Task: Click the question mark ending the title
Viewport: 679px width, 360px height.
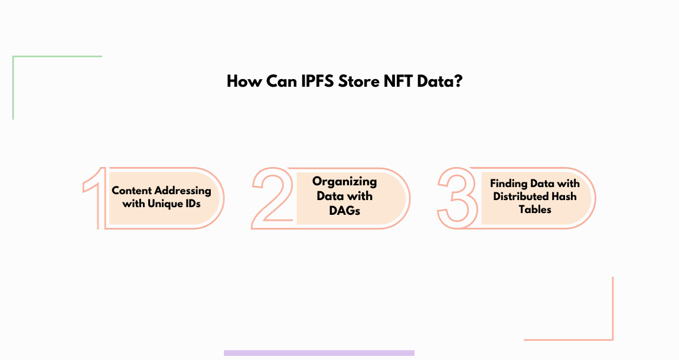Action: pyautogui.click(x=459, y=81)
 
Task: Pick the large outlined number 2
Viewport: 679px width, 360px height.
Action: pyautogui.click(x=272, y=198)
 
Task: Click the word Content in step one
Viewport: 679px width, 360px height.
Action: pyautogui.click(x=132, y=191)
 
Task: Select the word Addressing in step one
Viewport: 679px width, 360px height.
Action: pyautogui.click(x=183, y=191)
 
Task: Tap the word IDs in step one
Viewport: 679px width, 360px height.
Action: pyautogui.click(x=191, y=204)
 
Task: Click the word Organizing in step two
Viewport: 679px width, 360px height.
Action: pyautogui.click(x=345, y=182)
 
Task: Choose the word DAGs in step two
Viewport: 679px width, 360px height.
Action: pyautogui.click(x=345, y=211)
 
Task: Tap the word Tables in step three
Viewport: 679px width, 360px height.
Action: pyautogui.click(x=535, y=210)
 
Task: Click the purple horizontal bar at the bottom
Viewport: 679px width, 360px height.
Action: pyautogui.click(x=319, y=353)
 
